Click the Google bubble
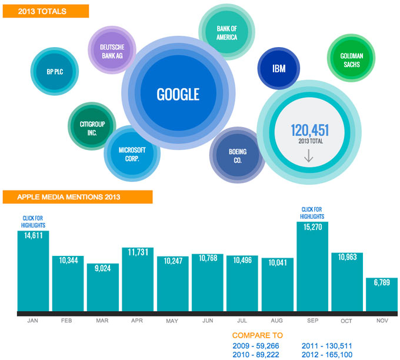[178, 94]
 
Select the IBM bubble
[279, 69]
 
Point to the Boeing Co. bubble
[237, 155]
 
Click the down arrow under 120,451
[309, 156]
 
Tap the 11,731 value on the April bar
[137, 251]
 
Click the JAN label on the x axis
[33, 321]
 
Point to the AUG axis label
[277, 321]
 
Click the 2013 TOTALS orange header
[45, 11]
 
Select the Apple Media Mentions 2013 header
[77, 197]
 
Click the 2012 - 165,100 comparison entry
[326, 355]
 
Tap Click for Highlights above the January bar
[34, 222]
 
